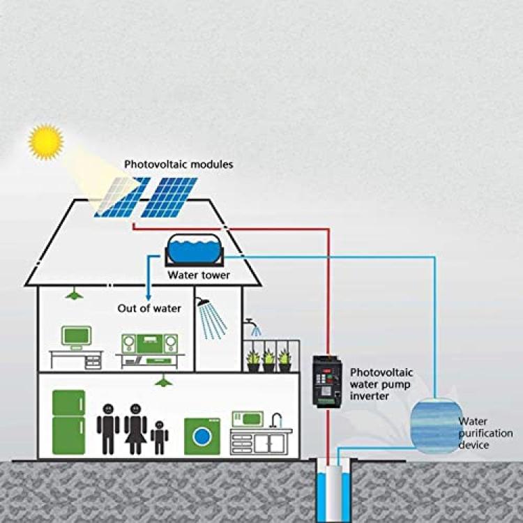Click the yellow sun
(46, 142)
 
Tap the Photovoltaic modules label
(179, 165)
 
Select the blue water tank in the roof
(195, 249)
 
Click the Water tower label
(199, 275)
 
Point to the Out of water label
(149, 308)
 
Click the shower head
(202, 302)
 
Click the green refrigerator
(69, 423)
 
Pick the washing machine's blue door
(202, 437)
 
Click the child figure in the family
(159, 437)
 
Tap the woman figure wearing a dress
(135, 429)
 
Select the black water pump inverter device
(327, 381)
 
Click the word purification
(485, 434)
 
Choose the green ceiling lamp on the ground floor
(163, 381)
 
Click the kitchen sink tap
(276, 420)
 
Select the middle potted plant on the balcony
(269, 361)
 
